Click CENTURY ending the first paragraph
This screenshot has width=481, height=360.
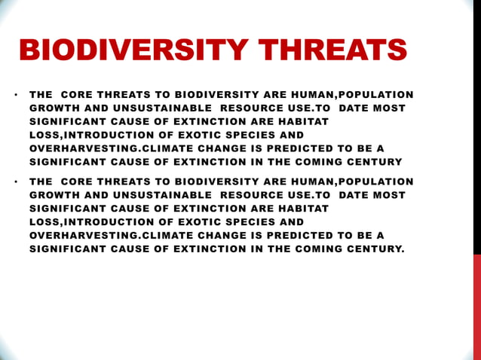tap(374, 162)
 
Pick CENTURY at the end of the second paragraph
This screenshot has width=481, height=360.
tap(375, 248)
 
